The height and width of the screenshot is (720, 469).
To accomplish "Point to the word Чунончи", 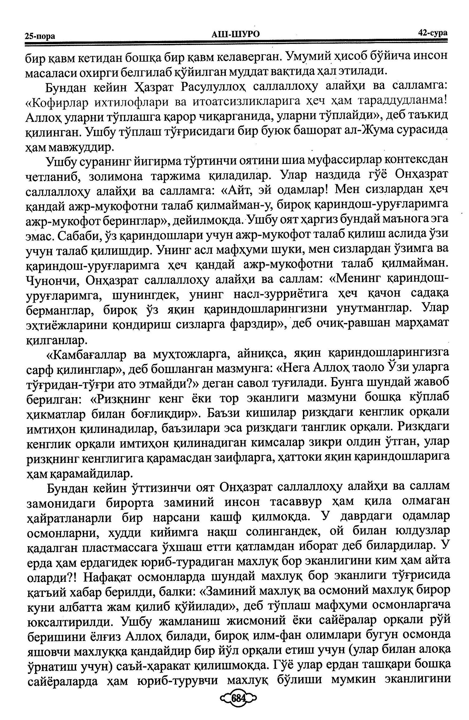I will (x=53, y=280).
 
